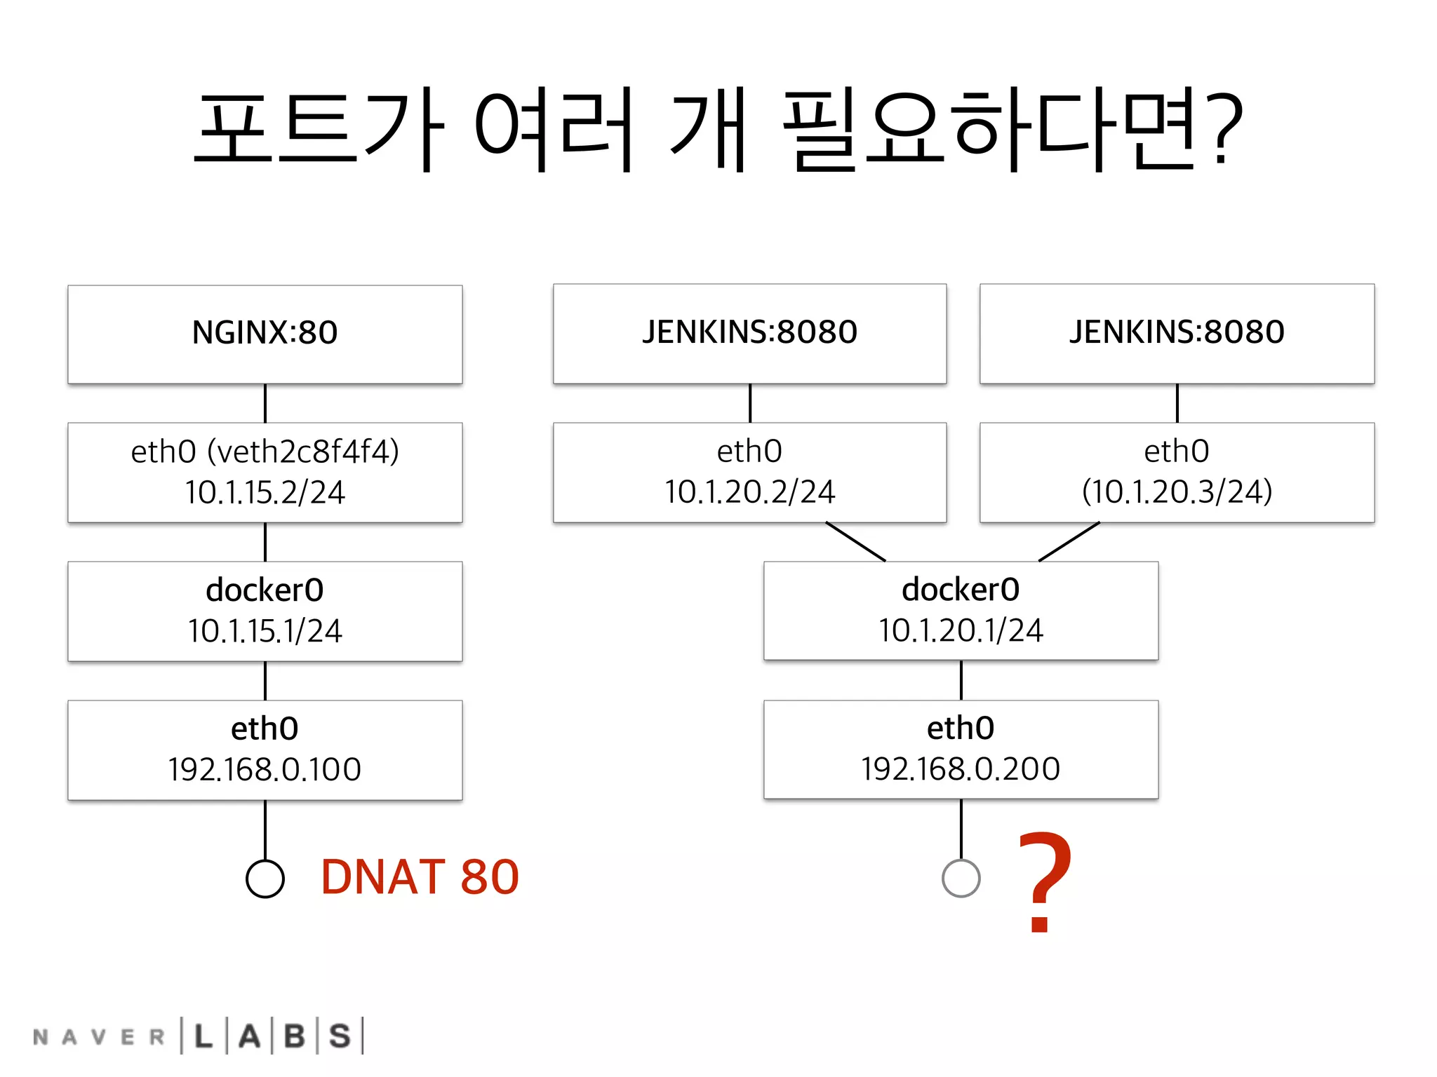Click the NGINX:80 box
[x=265, y=333]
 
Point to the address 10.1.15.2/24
[x=265, y=493]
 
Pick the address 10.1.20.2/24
[x=749, y=492]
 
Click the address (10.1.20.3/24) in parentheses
[x=1177, y=492]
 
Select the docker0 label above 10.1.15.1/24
[x=265, y=590]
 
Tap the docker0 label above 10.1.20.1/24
[x=961, y=590]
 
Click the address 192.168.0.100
[x=265, y=770]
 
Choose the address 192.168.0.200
[x=961, y=769]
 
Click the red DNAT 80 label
[x=420, y=877]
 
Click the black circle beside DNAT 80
[x=265, y=879]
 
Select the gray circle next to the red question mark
[x=961, y=879]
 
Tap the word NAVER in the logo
[x=99, y=1037]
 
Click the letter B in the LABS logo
[x=295, y=1036]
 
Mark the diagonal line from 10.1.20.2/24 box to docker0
[x=855, y=541]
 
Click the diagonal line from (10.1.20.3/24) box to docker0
[x=1069, y=541]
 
